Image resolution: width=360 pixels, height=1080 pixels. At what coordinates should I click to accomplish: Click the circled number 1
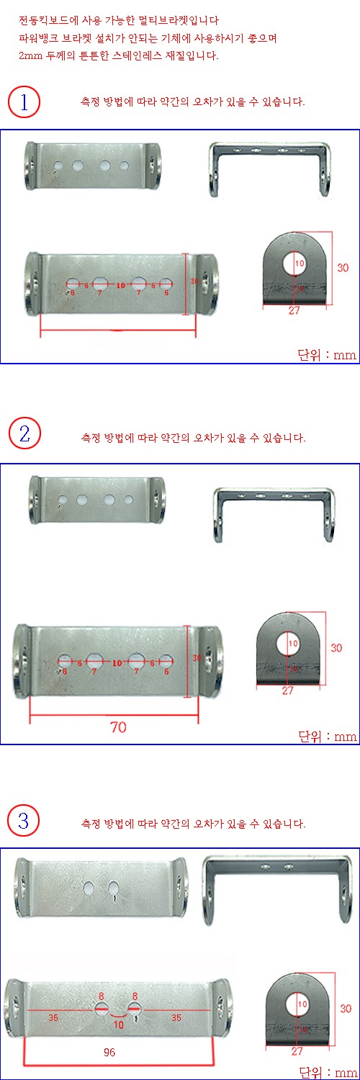[24, 102]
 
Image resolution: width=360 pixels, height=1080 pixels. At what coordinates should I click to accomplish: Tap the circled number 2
[24, 433]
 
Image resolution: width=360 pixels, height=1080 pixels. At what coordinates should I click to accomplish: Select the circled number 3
[24, 819]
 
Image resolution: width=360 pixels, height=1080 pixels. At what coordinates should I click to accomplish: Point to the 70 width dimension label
[118, 727]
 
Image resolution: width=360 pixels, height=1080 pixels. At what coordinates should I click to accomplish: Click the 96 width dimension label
[109, 1051]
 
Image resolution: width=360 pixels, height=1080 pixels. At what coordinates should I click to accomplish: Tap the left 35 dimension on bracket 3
[53, 1018]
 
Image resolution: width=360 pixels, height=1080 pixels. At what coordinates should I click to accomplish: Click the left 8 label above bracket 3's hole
[102, 996]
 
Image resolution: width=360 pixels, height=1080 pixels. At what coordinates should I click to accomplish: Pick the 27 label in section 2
[287, 690]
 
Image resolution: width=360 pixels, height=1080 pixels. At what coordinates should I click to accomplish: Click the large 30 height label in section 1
[343, 267]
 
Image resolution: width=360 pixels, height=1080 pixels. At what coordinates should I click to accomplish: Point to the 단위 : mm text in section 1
[327, 355]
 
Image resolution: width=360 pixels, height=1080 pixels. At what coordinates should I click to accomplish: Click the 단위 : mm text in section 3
[327, 1071]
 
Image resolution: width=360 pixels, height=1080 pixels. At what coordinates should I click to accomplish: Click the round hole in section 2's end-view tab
[289, 642]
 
